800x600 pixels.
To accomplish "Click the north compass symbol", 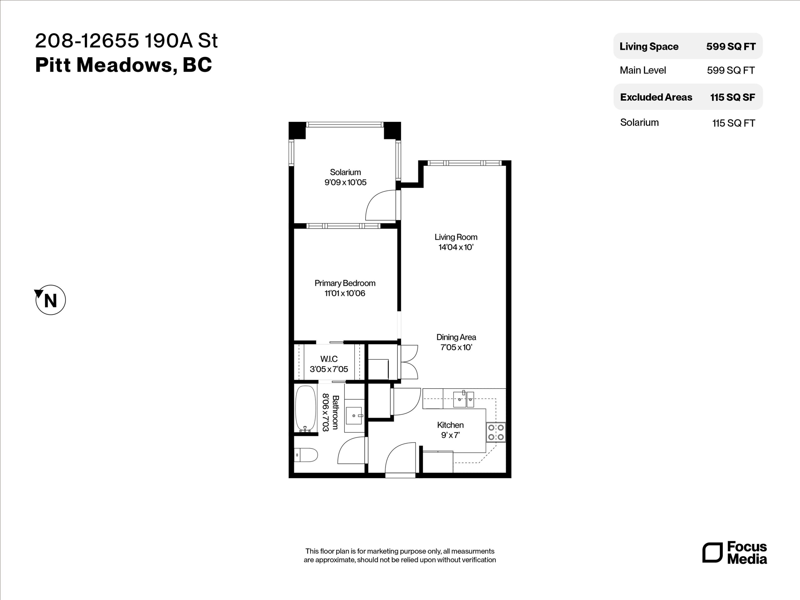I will (50, 300).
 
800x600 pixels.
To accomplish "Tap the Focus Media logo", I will (735, 553).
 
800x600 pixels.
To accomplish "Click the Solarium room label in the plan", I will (345, 172).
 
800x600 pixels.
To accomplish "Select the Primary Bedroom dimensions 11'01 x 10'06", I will (345, 293).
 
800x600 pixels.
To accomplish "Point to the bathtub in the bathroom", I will (305, 409).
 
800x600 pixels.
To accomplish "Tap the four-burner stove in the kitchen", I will (496, 432).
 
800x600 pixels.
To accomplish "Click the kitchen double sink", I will (463, 400).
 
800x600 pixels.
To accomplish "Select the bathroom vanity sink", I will (354, 415).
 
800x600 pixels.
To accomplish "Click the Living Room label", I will (456, 237).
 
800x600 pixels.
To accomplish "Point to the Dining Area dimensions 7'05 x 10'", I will (456, 347).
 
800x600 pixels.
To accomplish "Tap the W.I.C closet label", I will (329, 359).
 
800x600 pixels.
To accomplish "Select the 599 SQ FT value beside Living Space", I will (731, 47).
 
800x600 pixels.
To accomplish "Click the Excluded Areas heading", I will (656, 97).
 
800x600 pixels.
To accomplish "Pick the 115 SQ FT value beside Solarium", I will (733, 123).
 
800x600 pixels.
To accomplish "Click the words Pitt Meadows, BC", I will (123, 65).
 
